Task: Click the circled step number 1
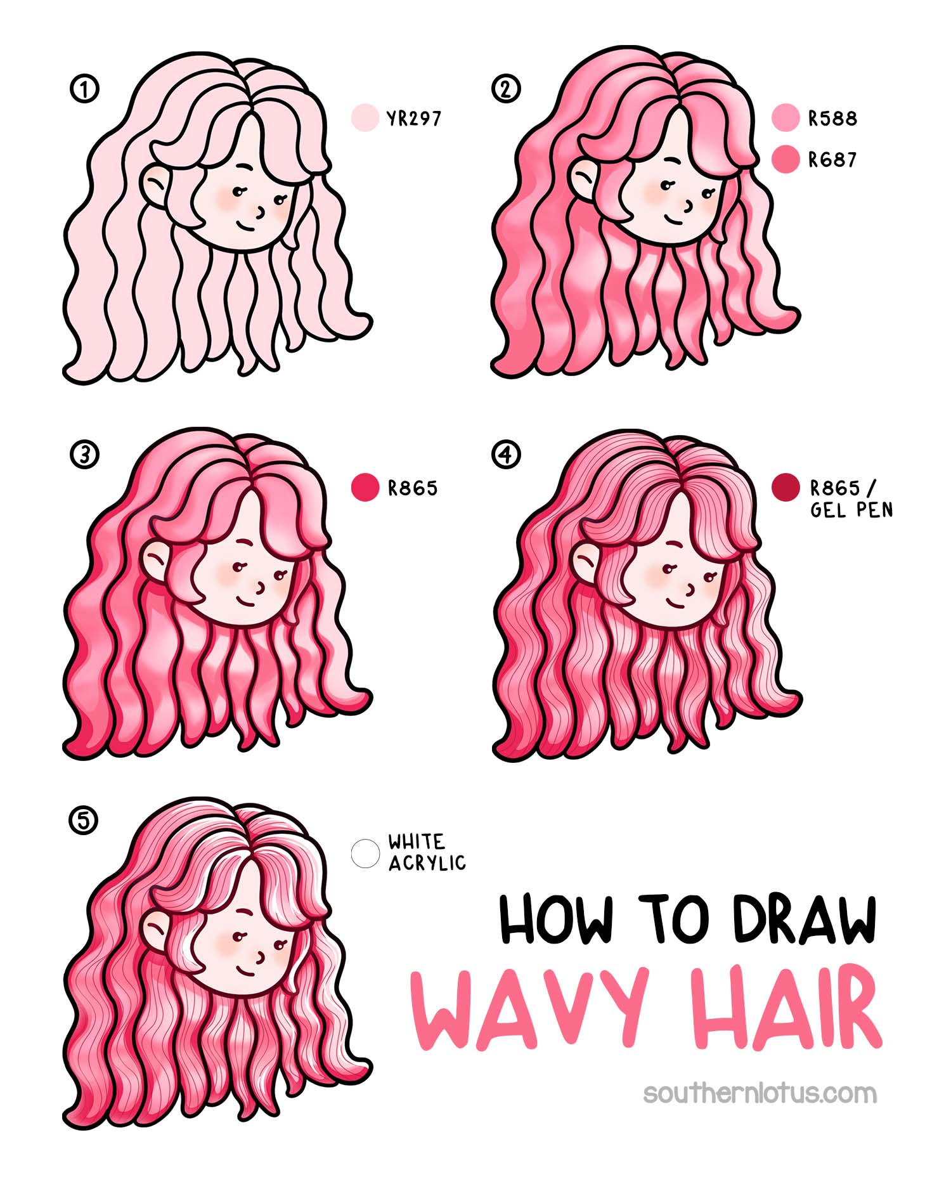click(84, 89)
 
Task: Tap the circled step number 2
click(505, 89)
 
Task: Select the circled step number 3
click(84, 455)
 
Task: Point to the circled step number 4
click(505, 455)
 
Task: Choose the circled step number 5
click(84, 821)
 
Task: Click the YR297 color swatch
click(365, 118)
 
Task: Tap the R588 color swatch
click(786, 118)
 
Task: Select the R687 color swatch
click(786, 159)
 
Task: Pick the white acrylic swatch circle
click(365, 853)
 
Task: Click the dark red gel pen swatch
click(786, 487)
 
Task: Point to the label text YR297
click(413, 119)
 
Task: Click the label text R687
click(832, 160)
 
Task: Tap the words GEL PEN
click(851, 510)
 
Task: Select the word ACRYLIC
click(427, 863)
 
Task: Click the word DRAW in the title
click(804, 919)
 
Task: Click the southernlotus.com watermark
click(760, 1093)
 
